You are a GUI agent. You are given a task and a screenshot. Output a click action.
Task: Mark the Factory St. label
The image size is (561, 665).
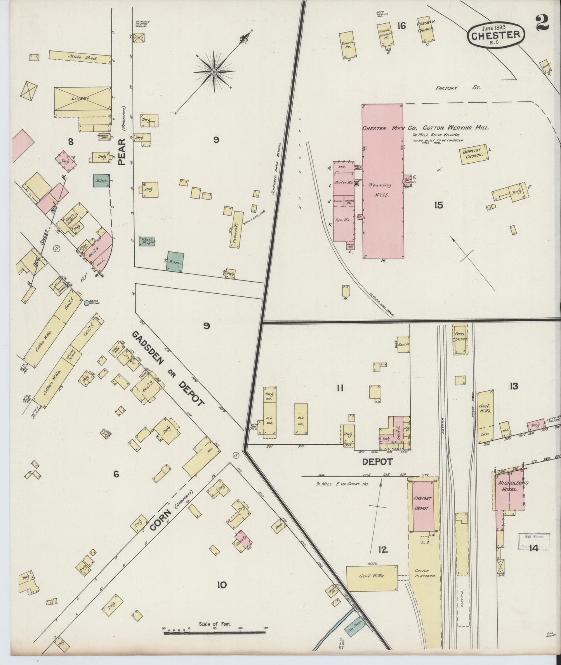point(457,88)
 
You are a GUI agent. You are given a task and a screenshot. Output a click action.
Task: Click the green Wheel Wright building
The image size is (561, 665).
point(147,241)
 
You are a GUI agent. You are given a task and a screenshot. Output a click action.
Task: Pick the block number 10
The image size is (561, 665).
point(222,584)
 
